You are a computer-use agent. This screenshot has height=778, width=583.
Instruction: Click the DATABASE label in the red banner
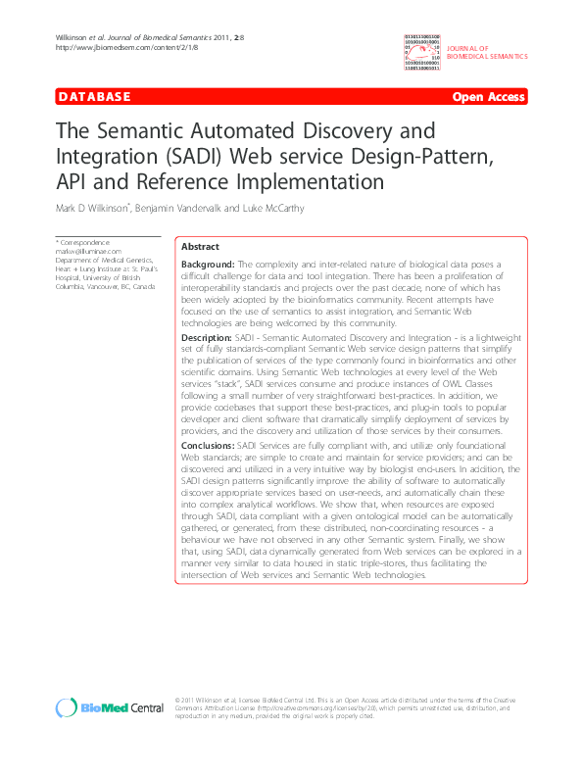95,96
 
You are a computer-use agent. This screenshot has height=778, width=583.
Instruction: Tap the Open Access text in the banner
489,97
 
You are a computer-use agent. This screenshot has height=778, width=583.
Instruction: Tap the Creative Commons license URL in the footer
287,708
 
